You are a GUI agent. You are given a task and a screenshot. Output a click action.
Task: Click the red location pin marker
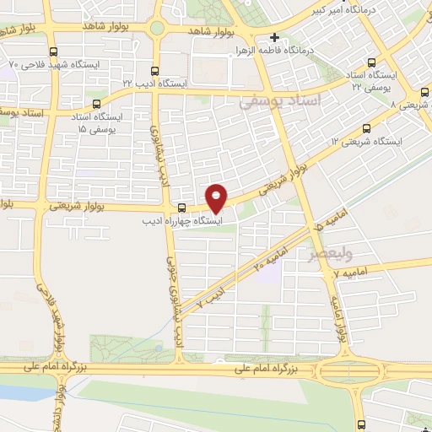coord(217,197)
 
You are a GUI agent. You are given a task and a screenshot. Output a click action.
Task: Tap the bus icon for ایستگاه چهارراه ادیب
coord(181,208)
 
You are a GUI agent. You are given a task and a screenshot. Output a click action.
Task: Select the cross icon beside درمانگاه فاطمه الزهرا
coord(275,37)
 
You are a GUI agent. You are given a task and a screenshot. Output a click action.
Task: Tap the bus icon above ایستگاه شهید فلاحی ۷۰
coord(54,51)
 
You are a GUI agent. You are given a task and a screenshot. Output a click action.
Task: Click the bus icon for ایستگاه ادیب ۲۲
coord(154,71)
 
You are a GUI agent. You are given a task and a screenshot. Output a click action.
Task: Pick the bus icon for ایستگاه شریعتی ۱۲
coord(365,128)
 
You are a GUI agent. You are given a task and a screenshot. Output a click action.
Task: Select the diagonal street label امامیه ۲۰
coord(269,257)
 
